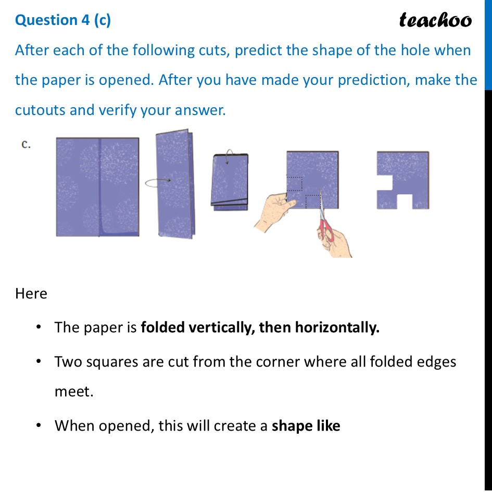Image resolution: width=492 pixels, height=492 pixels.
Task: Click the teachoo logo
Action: click(435, 20)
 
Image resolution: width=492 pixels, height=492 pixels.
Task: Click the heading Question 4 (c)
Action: click(63, 20)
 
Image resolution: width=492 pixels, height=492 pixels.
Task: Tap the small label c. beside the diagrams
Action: click(26, 145)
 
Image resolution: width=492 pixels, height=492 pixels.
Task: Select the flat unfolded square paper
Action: click(97, 186)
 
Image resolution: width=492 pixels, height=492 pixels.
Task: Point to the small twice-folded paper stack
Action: click(229, 182)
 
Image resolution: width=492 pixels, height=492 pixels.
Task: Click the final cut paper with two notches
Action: click(402, 180)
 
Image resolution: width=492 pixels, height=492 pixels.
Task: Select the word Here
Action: click(31, 294)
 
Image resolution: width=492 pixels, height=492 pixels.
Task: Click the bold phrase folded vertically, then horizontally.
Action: click(260, 327)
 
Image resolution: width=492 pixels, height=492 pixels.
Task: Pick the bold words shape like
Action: click(306, 426)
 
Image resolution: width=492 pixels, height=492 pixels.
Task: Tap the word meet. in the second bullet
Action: click(74, 392)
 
